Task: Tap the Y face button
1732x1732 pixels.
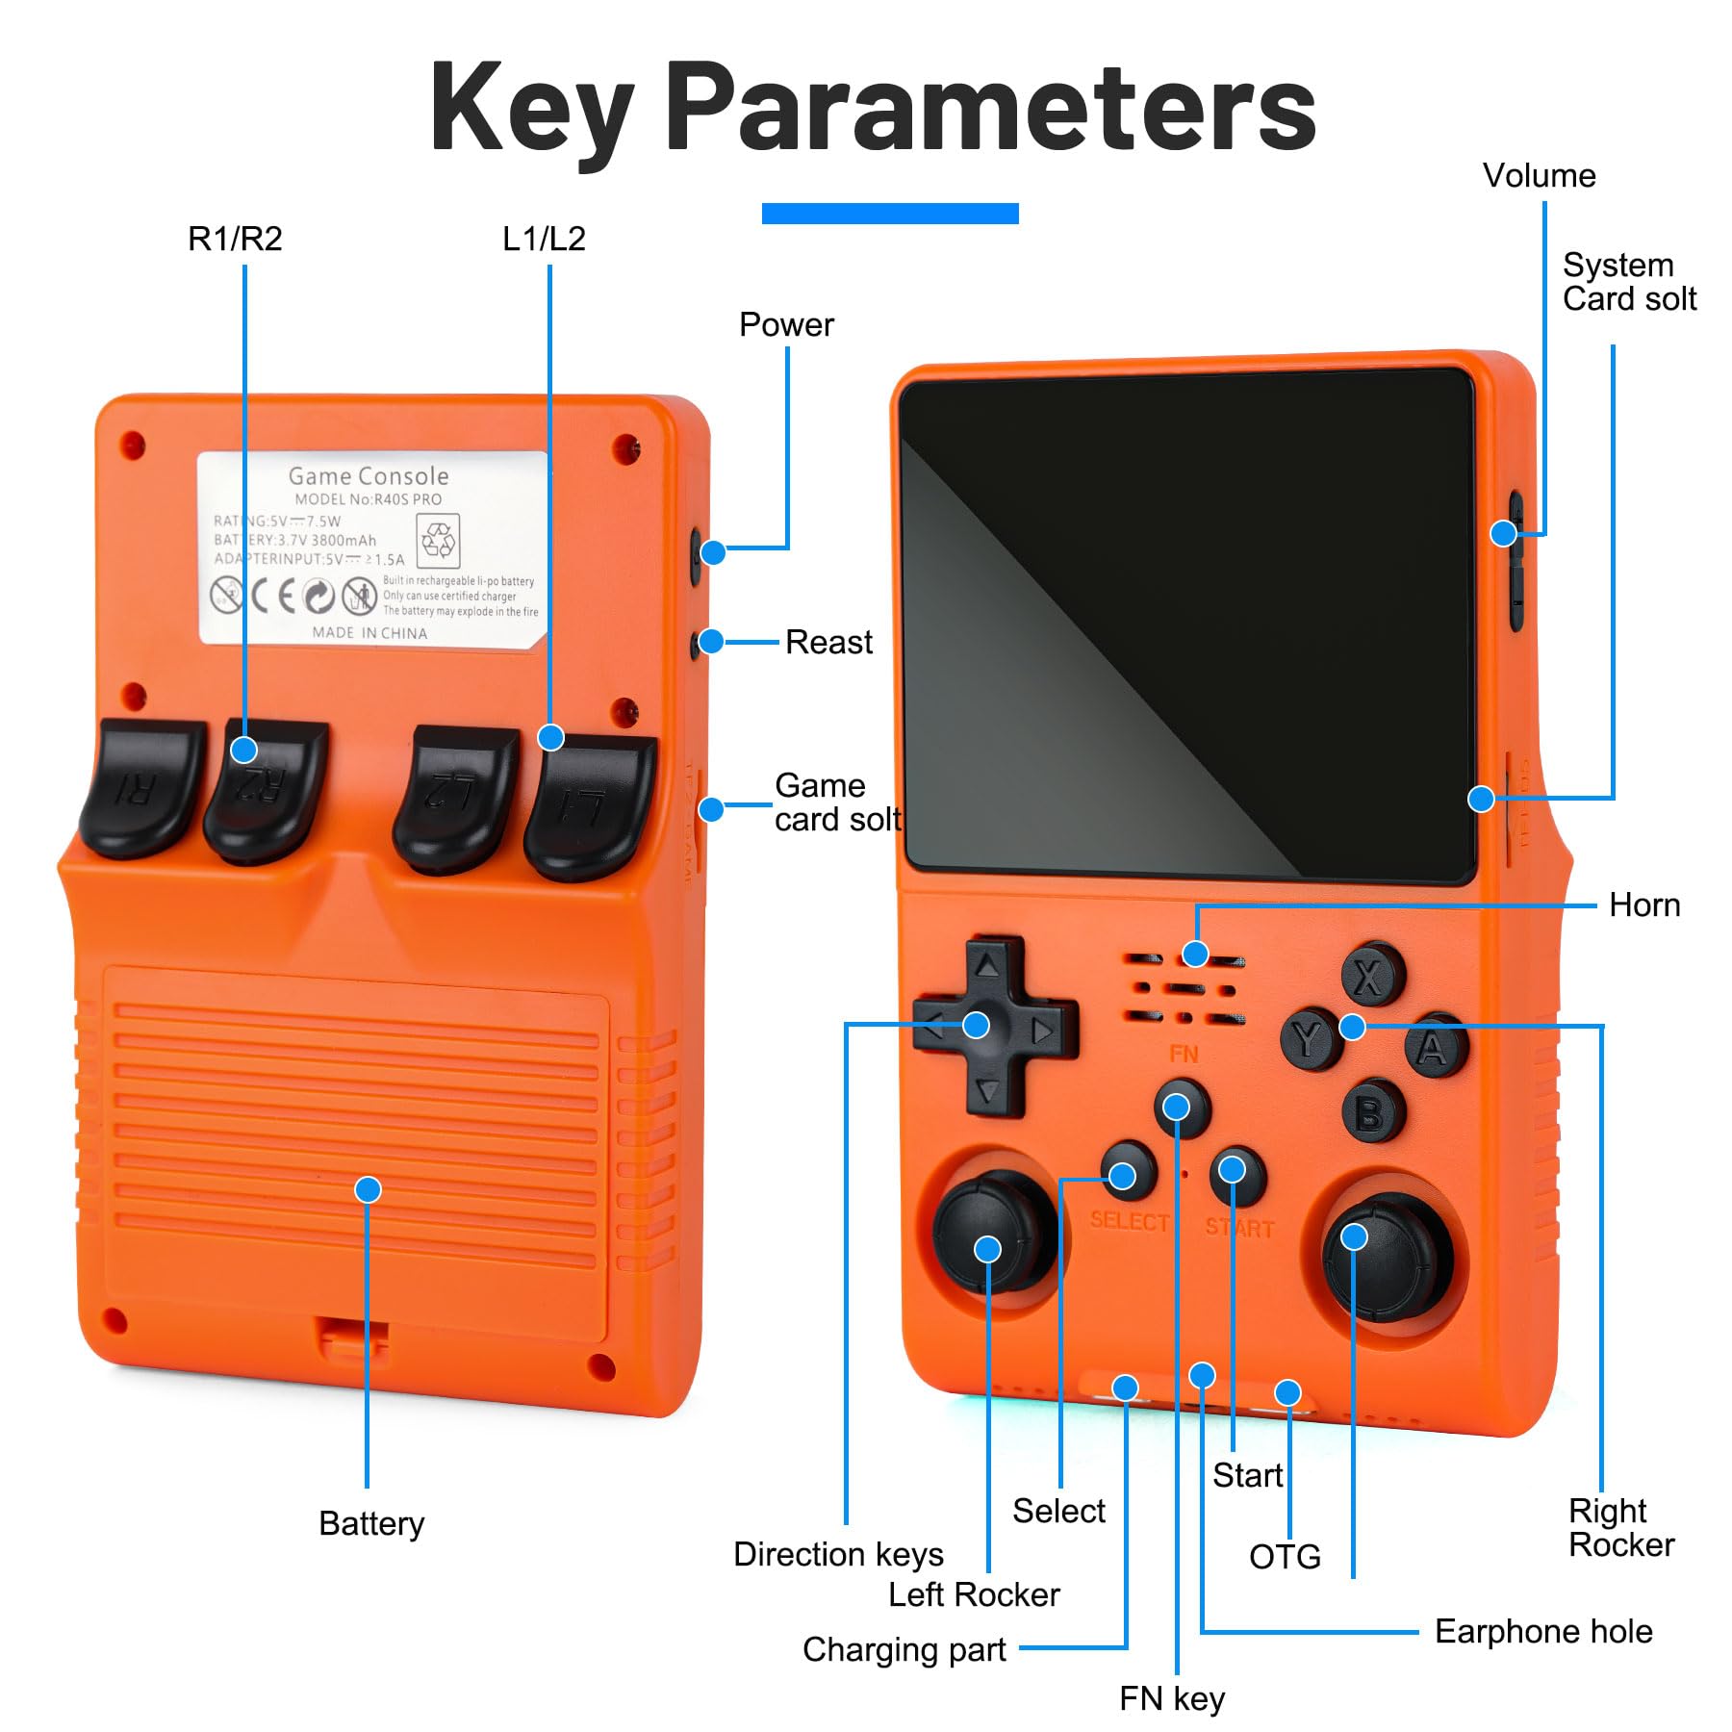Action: (1309, 1039)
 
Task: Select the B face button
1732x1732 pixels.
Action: (1372, 1112)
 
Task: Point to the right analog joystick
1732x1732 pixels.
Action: (1386, 1256)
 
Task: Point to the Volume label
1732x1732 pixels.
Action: (1539, 176)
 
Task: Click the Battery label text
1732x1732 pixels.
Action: (371, 1523)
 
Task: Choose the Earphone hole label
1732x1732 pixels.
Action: (1542, 1631)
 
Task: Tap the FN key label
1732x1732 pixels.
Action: (1171, 1698)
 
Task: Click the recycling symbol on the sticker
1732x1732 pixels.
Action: (438, 540)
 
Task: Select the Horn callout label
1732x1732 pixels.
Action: (1643, 905)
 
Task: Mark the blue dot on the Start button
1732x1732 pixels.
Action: (1232, 1170)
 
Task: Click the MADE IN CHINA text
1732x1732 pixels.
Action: (369, 633)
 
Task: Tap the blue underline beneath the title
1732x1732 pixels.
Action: (889, 214)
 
